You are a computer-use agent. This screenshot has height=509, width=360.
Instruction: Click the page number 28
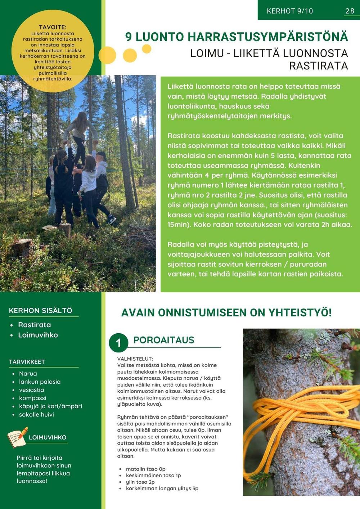click(350, 11)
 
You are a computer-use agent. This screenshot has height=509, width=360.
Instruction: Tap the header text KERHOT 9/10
click(290, 11)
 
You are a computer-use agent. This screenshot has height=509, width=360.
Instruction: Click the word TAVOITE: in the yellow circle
click(53, 27)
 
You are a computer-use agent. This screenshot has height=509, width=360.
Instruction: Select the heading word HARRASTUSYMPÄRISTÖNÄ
click(268, 37)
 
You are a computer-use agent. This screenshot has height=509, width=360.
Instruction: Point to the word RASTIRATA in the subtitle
click(319, 66)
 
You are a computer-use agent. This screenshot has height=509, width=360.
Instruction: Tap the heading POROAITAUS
click(164, 340)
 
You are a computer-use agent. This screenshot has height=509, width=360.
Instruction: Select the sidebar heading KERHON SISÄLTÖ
click(41, 310)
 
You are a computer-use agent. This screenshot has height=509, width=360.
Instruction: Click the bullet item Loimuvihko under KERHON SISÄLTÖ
click(38, 335)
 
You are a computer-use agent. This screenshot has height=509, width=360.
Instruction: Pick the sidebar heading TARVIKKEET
click(27, 362)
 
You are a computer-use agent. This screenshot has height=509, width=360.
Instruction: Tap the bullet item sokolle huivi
click(36, 414)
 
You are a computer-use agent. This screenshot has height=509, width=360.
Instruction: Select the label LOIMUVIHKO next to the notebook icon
click(48, 437)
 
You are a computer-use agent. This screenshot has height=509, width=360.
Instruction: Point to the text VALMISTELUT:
click(135, 359)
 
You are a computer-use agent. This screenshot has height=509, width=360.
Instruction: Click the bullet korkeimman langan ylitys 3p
click(162, 488)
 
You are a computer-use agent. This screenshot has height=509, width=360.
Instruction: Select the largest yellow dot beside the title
click(107, 55)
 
